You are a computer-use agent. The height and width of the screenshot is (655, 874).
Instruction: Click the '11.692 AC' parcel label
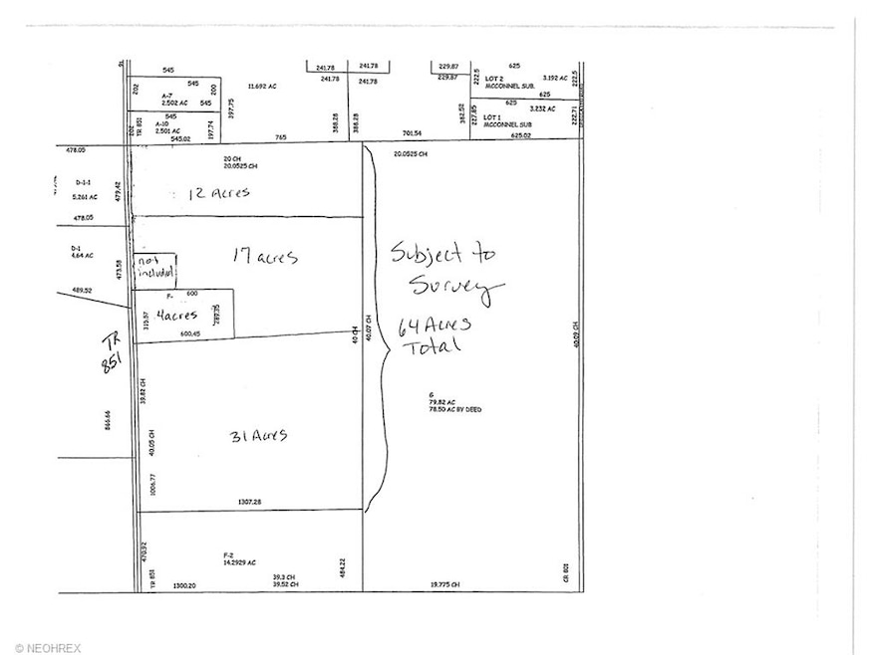(x=262, y=87)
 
